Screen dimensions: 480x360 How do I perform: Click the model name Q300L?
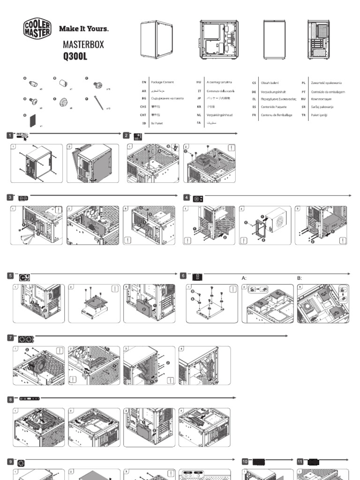(75, 57)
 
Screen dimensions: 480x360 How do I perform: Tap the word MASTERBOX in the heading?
(83, 45)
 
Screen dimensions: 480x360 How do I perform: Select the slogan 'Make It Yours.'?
(83, 29)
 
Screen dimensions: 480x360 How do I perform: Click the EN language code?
(144, 82)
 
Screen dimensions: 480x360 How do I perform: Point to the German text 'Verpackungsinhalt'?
(274, 92)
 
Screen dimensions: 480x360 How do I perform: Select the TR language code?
(304, 115)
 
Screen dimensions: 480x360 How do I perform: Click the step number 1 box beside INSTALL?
(9, 135)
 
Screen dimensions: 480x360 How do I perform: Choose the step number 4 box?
(187, 197)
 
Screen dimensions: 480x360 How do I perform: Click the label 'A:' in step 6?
(244, 278)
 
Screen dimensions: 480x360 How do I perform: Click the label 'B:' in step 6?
(300, 278)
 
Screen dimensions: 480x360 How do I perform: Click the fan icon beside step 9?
(21, 463)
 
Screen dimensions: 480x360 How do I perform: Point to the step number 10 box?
(245, 461)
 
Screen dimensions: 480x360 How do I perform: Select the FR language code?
(254, 115)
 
